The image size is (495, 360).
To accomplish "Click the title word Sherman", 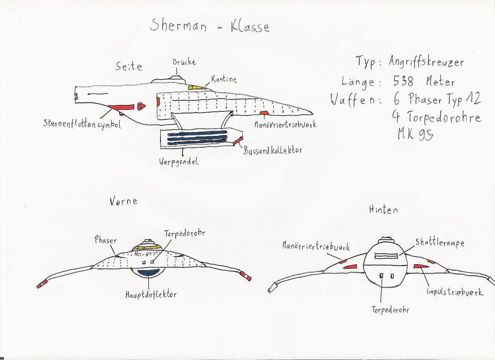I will [x=178, y=26].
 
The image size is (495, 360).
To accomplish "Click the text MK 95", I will [x=414, y=134].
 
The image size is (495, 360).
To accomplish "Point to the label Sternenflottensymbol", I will [x=82, y=124].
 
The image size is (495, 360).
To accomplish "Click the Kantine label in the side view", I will [x=224, y=79].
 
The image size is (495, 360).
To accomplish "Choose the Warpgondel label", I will [x=179, y=162].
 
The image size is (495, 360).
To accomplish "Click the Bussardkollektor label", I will [x=272, y=150].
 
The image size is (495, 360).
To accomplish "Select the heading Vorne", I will [x=123, y=201].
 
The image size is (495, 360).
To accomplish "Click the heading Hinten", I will [x=383, y=209].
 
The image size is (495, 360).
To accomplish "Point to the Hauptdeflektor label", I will [x=150, y=294].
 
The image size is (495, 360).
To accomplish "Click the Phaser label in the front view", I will [x=105, y=240].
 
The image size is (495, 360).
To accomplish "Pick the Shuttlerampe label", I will [x=440, y=242].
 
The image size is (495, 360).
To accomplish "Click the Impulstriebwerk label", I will [x=455, y=292].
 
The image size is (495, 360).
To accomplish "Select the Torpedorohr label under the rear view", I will [x=390, y=310].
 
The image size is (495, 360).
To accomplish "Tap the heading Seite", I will [x=129, y=66].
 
